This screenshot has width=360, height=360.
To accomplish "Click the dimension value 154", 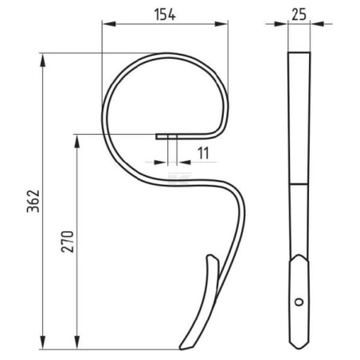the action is pos(165,14).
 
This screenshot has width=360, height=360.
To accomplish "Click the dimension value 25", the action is pos(299,14).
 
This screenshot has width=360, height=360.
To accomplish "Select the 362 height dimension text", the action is pos(33,201).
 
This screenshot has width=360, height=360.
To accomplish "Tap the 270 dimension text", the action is pos(68,241).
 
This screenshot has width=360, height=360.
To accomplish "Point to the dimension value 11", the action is pos(203,153).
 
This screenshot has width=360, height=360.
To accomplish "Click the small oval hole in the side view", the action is pos(299,302).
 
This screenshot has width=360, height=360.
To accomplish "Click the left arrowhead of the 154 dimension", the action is pos(109,24).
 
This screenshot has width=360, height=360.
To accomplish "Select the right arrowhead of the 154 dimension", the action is pos(221,24).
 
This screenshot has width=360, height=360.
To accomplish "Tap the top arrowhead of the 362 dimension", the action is pos(42,61).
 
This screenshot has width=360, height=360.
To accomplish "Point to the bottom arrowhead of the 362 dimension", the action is pos(42,342).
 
